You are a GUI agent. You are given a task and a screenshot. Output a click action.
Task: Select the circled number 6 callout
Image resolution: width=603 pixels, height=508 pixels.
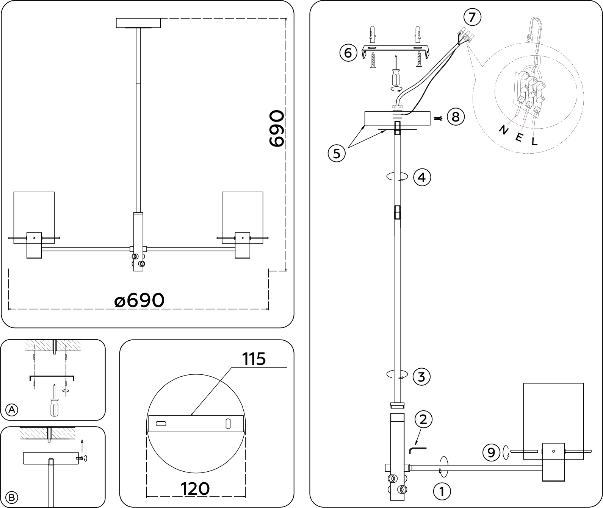(x=348, y=53)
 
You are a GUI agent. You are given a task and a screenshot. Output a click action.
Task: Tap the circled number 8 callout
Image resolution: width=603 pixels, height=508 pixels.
(x=455, y=117)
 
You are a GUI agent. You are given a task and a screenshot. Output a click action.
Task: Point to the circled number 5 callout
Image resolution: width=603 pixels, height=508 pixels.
(x=337, y=153)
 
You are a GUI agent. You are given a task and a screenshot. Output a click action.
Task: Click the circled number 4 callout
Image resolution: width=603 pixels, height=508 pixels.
(x=422, y=177)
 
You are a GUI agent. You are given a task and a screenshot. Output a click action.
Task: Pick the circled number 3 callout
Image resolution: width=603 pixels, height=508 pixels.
(x=422, y=377)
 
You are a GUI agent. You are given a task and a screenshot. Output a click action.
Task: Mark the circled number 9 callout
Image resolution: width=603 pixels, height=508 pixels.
(x=491, y=452)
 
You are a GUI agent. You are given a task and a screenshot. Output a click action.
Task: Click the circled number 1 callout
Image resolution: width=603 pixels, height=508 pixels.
(x=442, y=492)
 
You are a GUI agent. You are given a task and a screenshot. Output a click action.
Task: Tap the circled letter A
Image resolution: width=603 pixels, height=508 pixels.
(x=12, y=409)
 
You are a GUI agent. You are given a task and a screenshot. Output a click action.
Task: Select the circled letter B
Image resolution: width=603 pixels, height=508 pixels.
(x=12, y=497)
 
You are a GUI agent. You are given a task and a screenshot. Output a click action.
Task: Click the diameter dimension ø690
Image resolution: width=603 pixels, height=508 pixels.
(x=139, y=301)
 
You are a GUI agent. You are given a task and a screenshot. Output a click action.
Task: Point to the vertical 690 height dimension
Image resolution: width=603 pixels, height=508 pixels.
(x=276, y=129)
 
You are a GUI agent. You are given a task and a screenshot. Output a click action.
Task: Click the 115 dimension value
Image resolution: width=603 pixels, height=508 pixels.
(x=254, y=359)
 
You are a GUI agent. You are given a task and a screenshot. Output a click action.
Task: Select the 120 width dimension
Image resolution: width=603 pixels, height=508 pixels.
(x=195, y=488)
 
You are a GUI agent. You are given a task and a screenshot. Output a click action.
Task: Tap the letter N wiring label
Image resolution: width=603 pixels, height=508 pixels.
(x=504, y=130)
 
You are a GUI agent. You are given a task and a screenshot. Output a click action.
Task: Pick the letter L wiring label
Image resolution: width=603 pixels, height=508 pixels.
(x=534, y=142)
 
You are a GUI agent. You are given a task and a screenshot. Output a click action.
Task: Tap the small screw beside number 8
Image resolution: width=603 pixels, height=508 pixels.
(x=438, y=118)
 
